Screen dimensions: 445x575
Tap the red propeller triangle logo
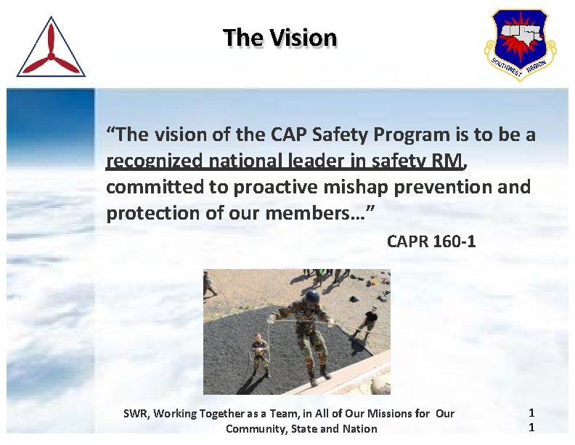click(x=51, y=49)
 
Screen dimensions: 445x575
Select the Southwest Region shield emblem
click(x=520, y=44)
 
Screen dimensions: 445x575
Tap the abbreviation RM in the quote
click(x=444, y=161)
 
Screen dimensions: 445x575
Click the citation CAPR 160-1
click(x=431, y=241)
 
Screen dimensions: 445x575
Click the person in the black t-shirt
click(x=370, y=320)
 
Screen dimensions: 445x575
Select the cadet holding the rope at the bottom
click(x=259, y=353)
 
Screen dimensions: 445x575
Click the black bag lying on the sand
click(x=354, y=298)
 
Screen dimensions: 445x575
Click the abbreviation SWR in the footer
click(x=135, y=414)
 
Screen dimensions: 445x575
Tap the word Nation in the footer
click(x=359, y=428)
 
